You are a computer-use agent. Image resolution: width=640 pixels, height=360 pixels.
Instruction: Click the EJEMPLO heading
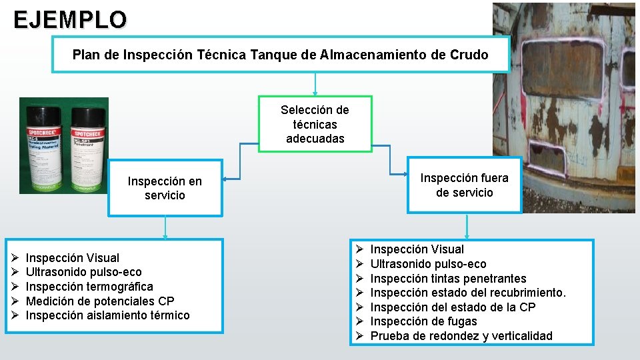pos(69,20)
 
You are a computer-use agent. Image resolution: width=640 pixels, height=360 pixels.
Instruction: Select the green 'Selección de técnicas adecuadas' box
pos(315,124)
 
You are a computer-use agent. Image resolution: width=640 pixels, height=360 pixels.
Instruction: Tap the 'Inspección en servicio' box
pos(165,188)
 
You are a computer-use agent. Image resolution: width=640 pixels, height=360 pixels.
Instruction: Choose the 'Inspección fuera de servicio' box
pos(464,185)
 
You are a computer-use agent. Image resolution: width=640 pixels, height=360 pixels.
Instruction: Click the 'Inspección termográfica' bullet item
pos(89,287)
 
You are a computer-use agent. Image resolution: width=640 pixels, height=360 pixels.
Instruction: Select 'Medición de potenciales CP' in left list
pos(100,301)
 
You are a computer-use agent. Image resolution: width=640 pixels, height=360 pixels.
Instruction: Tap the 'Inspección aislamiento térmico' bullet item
pos(107,315)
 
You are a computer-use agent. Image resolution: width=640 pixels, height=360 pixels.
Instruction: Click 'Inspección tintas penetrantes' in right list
pos(448,279)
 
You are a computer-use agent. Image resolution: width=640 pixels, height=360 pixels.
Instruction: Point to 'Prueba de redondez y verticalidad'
pos(461,336)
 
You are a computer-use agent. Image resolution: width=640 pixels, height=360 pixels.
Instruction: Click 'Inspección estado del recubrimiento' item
pos(468,293)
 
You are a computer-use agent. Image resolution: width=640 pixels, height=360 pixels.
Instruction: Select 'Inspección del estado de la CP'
pos(453,307)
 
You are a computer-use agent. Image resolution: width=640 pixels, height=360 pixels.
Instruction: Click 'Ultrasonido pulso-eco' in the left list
pos(83,272)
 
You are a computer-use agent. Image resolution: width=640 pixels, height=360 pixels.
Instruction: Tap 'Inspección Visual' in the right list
pos(417,249)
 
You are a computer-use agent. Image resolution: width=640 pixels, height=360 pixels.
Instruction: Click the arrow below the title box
pos(315,84)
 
